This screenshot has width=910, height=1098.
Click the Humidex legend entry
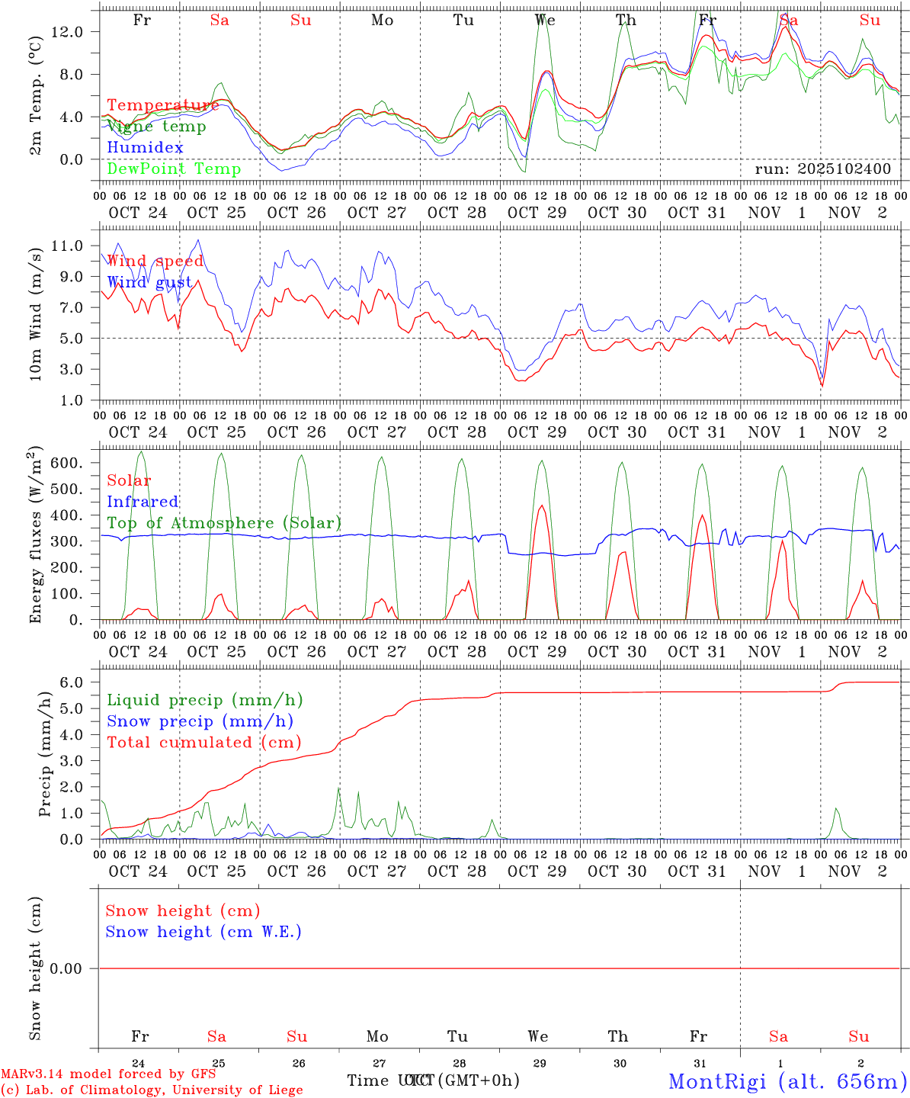tap(145, 148)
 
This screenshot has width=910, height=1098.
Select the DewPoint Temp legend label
tap(174, 169)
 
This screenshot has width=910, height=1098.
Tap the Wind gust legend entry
tap(149, 282)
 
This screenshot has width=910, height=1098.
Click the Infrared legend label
tap(143, 502)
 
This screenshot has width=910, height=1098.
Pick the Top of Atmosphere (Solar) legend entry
tap(224, 523)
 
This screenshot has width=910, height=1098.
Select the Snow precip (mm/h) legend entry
tap(200, 721)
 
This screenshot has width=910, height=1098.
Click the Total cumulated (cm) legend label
tap(203, 743)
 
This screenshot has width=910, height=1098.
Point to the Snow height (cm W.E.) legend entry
tap(203, 932)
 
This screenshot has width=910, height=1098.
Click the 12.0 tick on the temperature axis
tap(79, 32)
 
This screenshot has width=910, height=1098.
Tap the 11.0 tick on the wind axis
tap(79, 246)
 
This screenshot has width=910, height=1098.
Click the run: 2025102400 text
tap(822, 169)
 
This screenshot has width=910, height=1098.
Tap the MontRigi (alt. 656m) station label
tap(787, 1081)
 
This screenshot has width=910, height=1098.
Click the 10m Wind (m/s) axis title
tap(36, 315)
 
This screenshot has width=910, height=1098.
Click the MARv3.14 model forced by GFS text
tap(108, 1074)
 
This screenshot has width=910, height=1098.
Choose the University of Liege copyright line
tap(152, 1090)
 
